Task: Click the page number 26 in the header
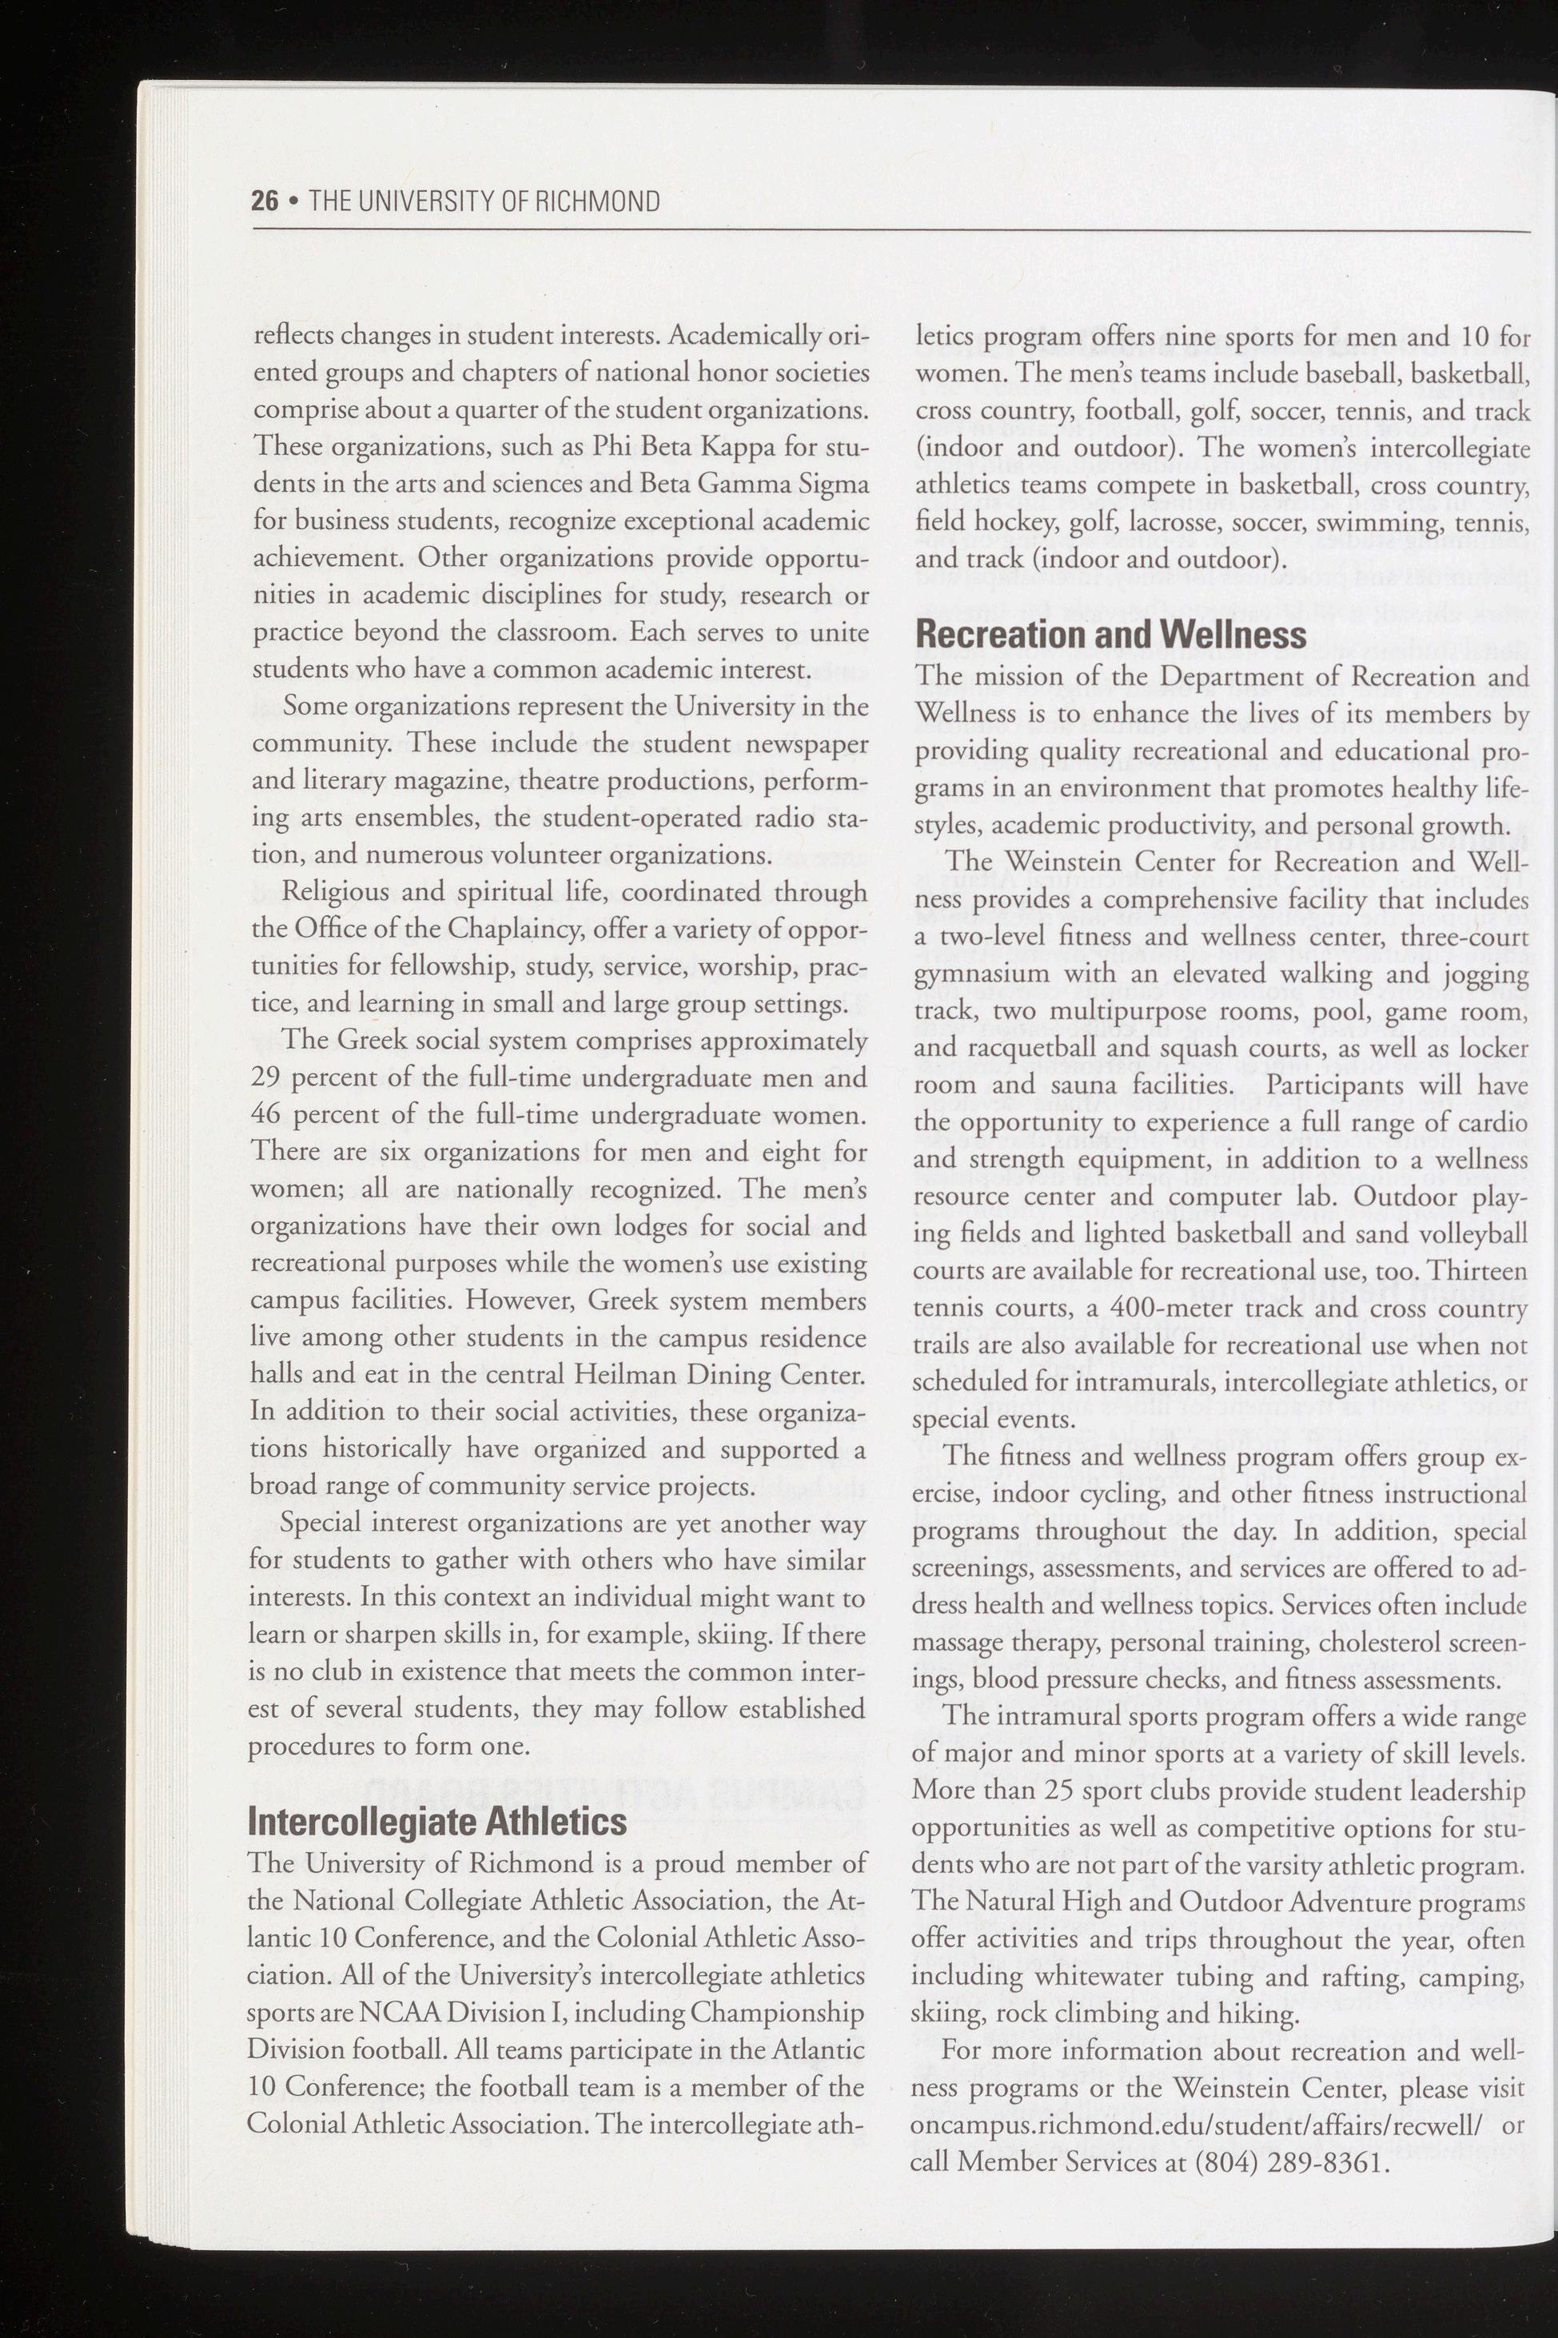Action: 265,201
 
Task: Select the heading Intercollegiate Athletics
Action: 437,1822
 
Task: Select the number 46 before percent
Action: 266,1114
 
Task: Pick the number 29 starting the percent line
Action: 266,1077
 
